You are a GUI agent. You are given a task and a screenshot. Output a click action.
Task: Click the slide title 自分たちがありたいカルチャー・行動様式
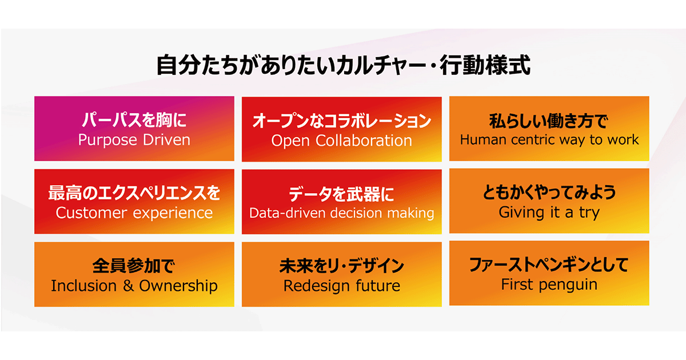(344, 65)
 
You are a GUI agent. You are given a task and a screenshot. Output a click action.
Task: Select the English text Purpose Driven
(134, 140)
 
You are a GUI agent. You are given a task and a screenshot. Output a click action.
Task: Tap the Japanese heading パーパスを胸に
(134, 119)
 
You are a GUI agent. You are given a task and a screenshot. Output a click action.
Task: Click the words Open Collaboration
(341, 141)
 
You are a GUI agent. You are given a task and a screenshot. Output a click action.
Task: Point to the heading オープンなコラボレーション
(342, 121)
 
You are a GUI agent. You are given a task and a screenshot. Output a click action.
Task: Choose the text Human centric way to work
(549, 140)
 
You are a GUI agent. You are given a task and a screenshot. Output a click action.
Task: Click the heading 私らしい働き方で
(549, 121)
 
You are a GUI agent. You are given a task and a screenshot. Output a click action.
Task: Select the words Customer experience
(134, 213)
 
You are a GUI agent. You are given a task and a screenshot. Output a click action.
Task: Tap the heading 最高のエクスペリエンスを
(134, 193)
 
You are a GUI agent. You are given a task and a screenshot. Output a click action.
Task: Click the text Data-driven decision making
(341, 213)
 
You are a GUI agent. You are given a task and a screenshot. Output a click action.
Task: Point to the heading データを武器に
(341, 194)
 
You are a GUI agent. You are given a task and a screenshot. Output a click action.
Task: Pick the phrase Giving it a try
(549, 213)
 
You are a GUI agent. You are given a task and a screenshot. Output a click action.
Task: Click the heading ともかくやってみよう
(549, 192)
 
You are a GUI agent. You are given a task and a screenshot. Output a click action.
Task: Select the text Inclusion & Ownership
(134, 286)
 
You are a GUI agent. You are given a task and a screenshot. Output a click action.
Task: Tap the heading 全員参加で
(134, 265)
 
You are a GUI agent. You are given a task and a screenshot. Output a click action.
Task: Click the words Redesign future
(341, 286)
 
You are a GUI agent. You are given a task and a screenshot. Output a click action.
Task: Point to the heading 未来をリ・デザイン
(341, 266)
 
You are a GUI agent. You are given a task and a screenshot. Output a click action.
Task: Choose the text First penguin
(549, 285)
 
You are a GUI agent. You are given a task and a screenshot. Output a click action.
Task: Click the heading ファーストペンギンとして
(549, 265)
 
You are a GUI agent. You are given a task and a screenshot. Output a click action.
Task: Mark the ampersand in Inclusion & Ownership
(128, 286)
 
